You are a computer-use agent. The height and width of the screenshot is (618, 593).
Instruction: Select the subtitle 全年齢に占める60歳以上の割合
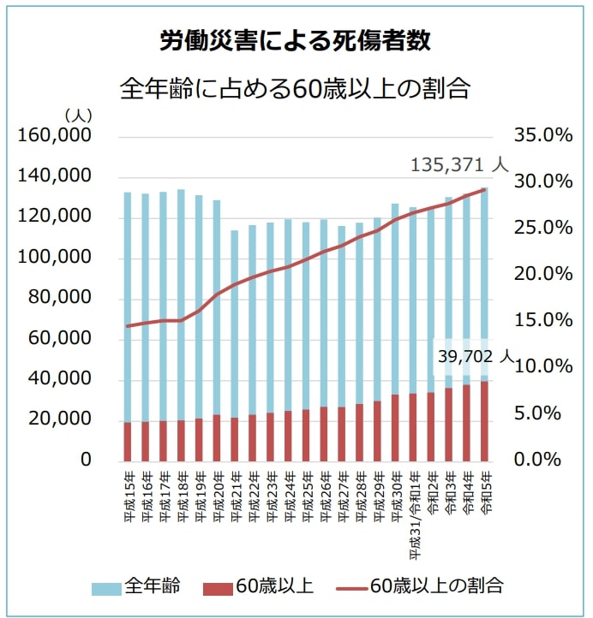(x=296, y=89)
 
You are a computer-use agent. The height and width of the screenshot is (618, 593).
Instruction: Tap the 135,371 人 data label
(x=459, y=163)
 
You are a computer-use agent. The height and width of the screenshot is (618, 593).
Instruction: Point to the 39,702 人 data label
(x=474, y=356)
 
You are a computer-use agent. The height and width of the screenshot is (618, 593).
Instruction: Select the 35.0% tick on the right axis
(x=542, y=136)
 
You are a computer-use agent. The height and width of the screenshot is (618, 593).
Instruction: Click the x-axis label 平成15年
(x=128, y=491)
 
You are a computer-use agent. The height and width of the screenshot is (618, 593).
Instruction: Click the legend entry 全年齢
(x=152, y=586)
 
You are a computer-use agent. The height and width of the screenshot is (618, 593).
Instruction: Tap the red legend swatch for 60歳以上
(x=218, y=587)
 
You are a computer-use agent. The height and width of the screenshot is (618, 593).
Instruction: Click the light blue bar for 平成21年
(x=234, y=325)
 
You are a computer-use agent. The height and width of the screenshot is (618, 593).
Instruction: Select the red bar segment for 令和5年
(x=484, y=420)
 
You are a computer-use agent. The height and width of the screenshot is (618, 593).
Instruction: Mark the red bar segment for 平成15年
(x=128, y=441)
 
